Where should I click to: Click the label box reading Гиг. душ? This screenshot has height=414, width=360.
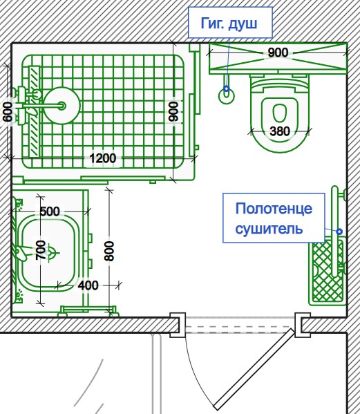pyautogui.click(x=230, y=22)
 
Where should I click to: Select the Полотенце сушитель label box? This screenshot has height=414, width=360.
pyautogui.click(x=274, y=218)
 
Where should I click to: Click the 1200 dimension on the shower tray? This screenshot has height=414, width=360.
pyautogui.click(x=103, y=158)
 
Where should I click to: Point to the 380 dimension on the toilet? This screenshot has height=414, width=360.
pyautogui.click(x=280, y=131)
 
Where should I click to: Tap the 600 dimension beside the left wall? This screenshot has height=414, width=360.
pyautogui.click(x=8, y=112)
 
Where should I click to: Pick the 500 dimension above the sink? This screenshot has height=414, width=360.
pyautogui.click(x=50, y=211)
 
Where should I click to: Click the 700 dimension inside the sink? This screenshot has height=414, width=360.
pyautogui.click(x=41, y=250)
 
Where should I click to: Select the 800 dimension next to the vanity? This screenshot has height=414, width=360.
pyautogui.click(x=108, y=251)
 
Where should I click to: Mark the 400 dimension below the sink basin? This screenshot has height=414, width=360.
pyautogui.click(x=88, y=285)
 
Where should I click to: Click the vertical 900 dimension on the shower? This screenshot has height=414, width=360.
pyautogui.click(x=173, y=111)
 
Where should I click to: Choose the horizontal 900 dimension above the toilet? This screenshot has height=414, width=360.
pyautogui.click(x=278, y=53)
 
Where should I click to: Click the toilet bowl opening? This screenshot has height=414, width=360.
pyautogui.click(x=280, y=113)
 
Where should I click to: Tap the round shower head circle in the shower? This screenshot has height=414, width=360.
pyautogui.click(x=61, y=106)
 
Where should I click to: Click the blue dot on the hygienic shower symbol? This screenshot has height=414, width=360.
pyautogui.click(x=227, y=88)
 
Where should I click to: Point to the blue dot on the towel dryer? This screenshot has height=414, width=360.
pyautogui.click(x=339, y=232)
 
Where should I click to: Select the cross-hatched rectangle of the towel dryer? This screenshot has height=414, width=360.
pyautogui.click(x=328, y=271)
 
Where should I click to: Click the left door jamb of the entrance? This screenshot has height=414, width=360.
pyautogui.click(x=178, y=325)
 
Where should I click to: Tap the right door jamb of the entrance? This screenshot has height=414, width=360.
pyautogui.click(x=302, y=325)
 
